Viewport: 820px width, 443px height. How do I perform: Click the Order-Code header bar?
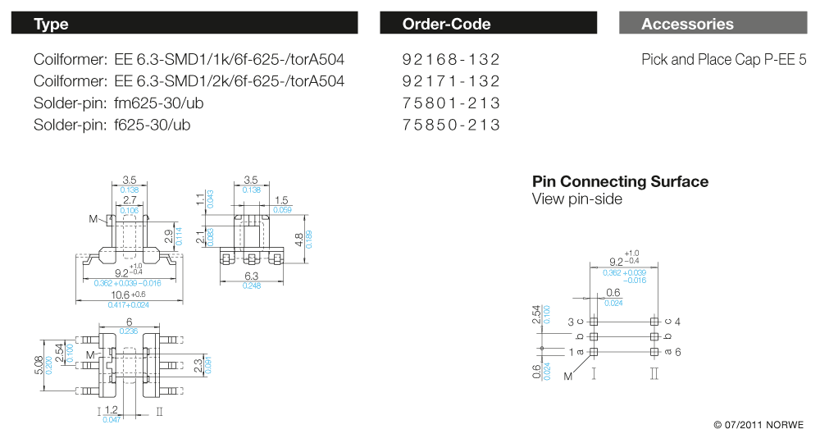[x=488, y=23]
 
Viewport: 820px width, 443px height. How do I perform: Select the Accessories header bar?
[x=713, y=23]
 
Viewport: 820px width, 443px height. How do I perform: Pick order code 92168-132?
[x=451, y=60]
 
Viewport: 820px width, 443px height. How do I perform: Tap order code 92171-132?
[x=451, y=81]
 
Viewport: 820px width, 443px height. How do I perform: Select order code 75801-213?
[x=451, y=103]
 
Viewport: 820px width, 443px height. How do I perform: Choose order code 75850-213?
[x=451, y=125]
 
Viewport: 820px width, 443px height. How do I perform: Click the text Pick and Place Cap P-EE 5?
[x=724, y=60]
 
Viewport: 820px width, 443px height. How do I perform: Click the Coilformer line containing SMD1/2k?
[x=189, y=81]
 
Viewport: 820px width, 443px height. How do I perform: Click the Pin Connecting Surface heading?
[x=620, y=181]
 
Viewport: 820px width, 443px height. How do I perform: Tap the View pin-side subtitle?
[x=577, y=199]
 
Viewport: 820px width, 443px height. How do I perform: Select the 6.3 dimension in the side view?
[x=252, y=276]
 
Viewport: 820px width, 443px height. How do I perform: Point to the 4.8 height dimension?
[x=300, y=240]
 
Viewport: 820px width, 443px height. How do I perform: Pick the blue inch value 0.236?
[x=129, y=331]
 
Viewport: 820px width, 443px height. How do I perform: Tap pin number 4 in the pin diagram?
[x=678, y=322]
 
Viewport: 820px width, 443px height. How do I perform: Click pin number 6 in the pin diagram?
[x=678, y=352]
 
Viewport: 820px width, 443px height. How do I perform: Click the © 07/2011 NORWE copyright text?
[x=758, y=425]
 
